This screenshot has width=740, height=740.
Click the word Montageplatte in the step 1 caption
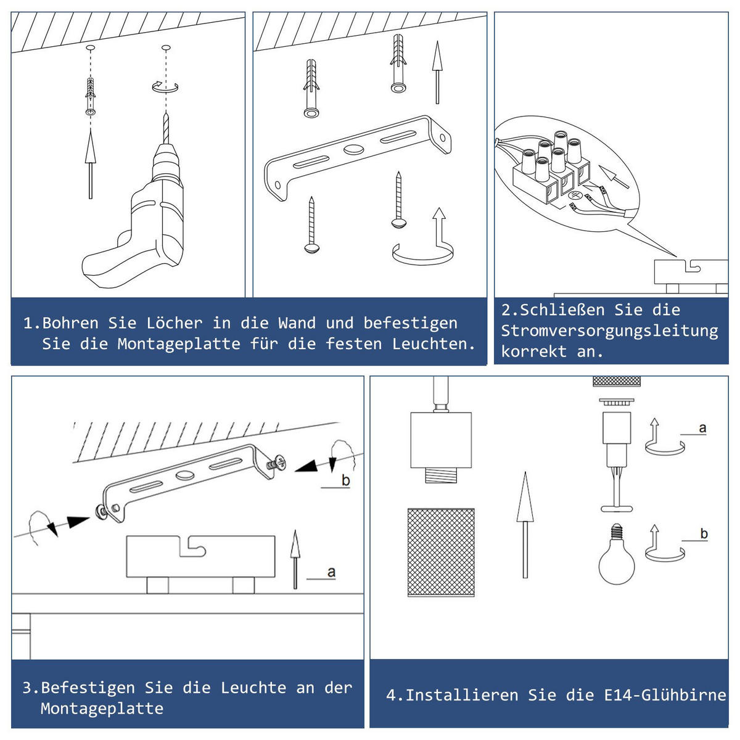pyautogui.click(x=179, y=344)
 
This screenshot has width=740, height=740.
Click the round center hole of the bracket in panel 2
pyautogui.click(x=354, y=149)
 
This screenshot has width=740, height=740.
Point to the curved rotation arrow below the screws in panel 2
pyautogui.click(x=423, y=253)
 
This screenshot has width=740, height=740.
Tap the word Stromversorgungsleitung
pyautogui.click(x=609, y=331)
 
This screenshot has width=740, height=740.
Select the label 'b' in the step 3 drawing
pyautogui.click(x=345, y=480)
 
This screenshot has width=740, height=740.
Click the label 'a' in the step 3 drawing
pyautogui.click(x=331, y=572)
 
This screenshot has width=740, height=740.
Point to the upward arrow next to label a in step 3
pyautogui.click(x=295, y=559)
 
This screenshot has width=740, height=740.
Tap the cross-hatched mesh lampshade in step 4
pyautogui.click(x=441, y=553)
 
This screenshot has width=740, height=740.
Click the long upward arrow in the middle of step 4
pyautogui.click(x=525, y=524)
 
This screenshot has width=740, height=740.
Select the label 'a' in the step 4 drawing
pyautogui.click(x=702, y=427)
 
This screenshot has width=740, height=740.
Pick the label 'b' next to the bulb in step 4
pyautogui.click(x=704, y=533)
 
